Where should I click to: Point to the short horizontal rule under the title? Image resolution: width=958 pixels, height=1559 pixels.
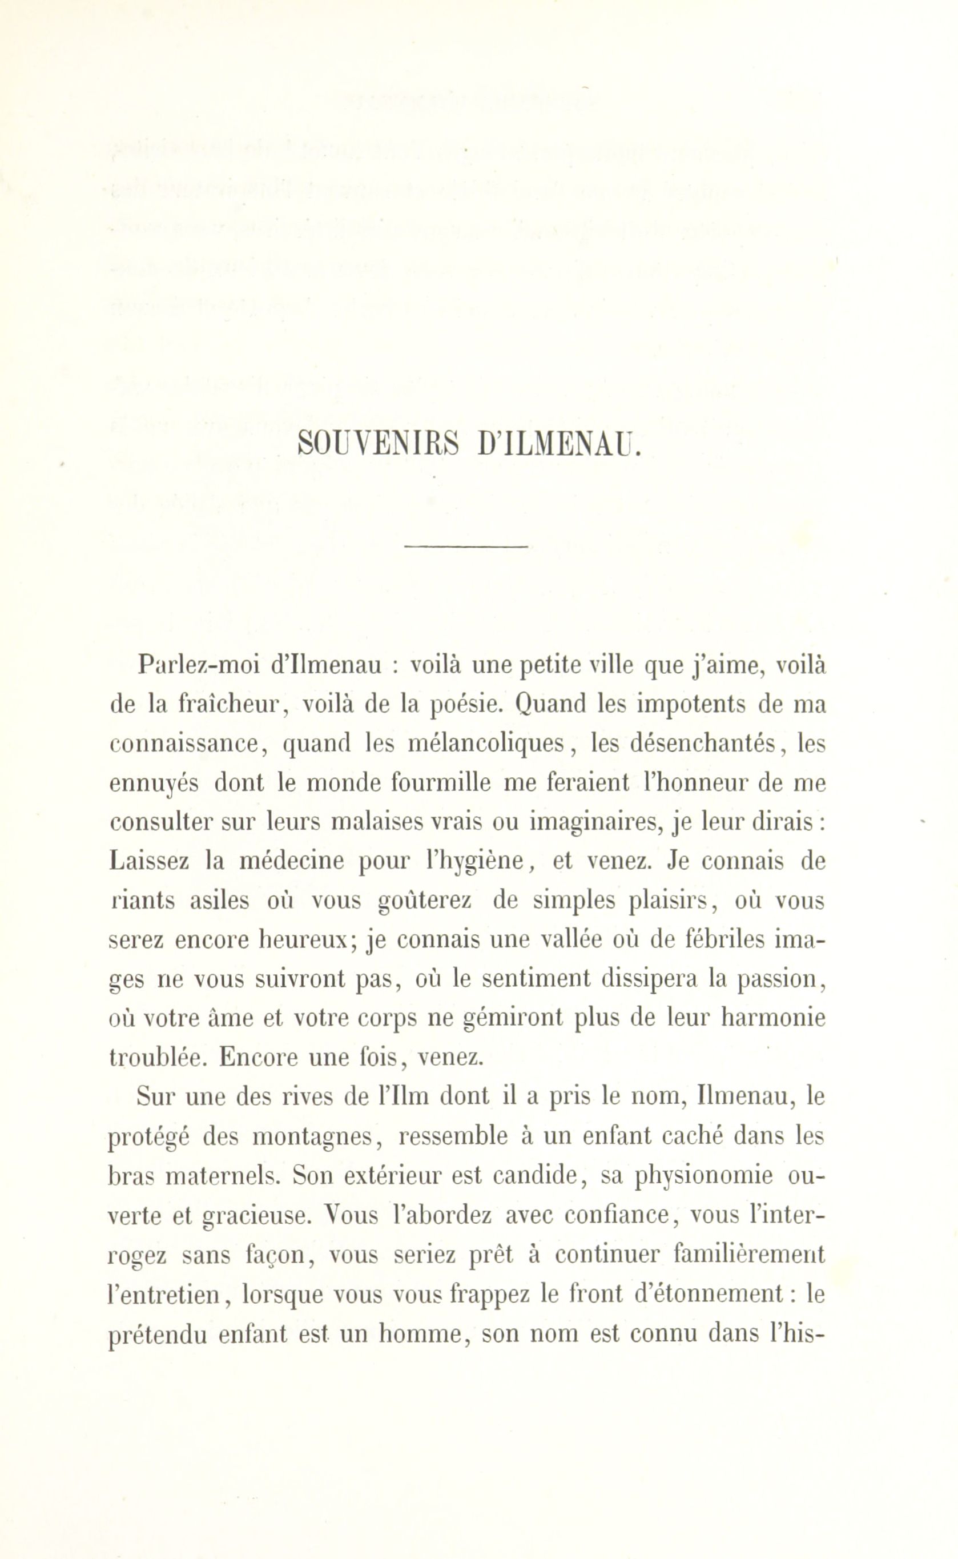click(466, 547)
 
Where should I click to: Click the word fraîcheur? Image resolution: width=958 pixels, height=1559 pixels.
click(232, 705)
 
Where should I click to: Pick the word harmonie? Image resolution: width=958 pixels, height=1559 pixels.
click(773, 1018)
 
